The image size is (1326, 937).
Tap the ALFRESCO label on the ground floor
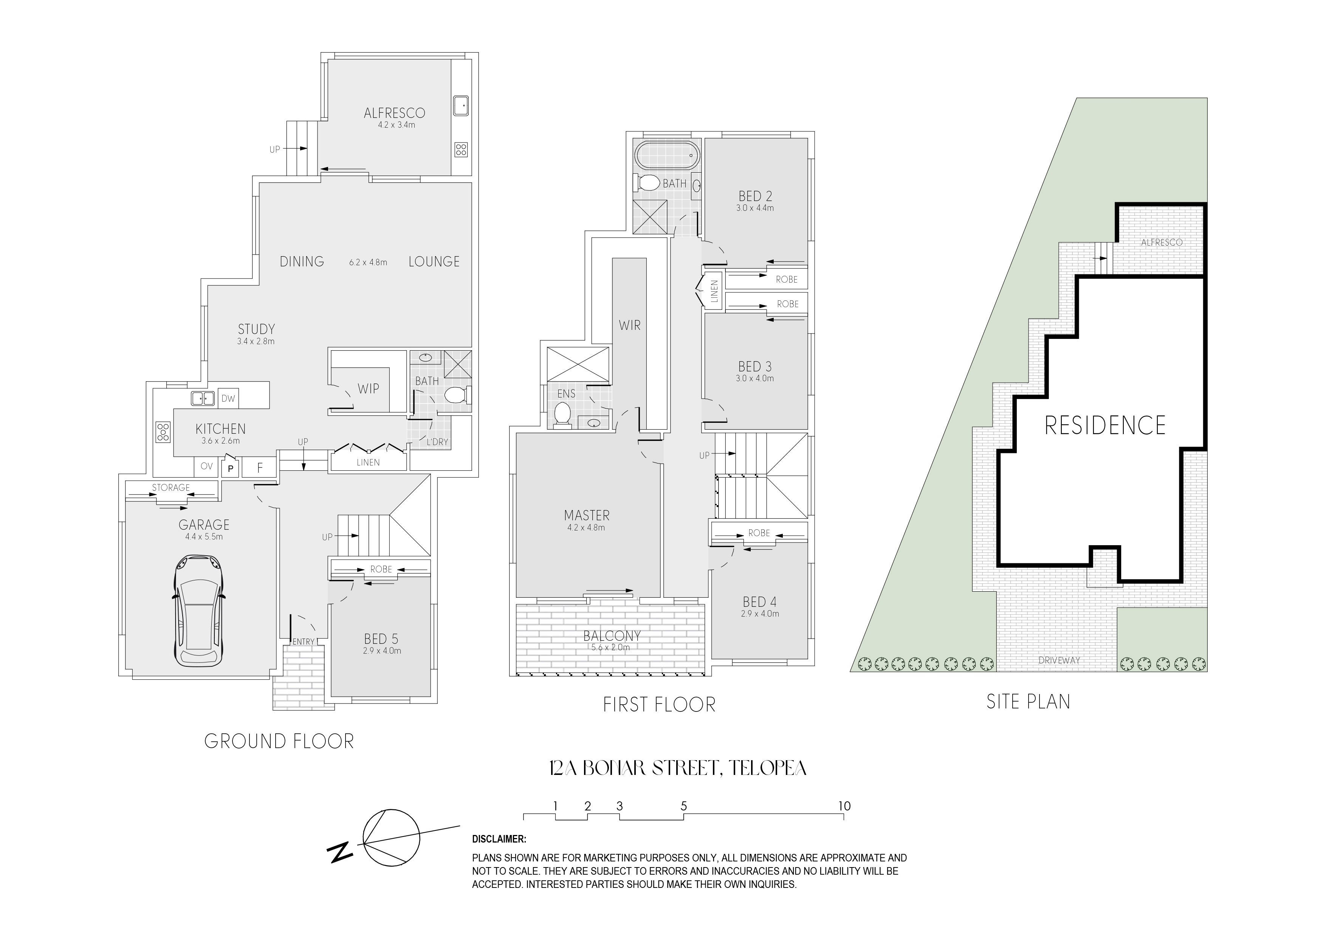395,113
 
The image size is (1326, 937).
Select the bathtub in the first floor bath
667,155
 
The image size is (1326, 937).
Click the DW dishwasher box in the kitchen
228,398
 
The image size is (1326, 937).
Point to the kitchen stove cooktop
163,432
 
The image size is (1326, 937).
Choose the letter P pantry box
231,468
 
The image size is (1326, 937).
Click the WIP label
369,388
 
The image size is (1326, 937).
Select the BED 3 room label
755,366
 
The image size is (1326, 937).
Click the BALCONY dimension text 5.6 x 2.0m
611,647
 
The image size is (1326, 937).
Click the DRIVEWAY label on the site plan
1059,660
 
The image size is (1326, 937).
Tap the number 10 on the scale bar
844,806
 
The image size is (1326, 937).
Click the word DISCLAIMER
499,839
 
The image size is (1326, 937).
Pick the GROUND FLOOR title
279,741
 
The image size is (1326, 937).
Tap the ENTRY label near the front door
303,642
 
